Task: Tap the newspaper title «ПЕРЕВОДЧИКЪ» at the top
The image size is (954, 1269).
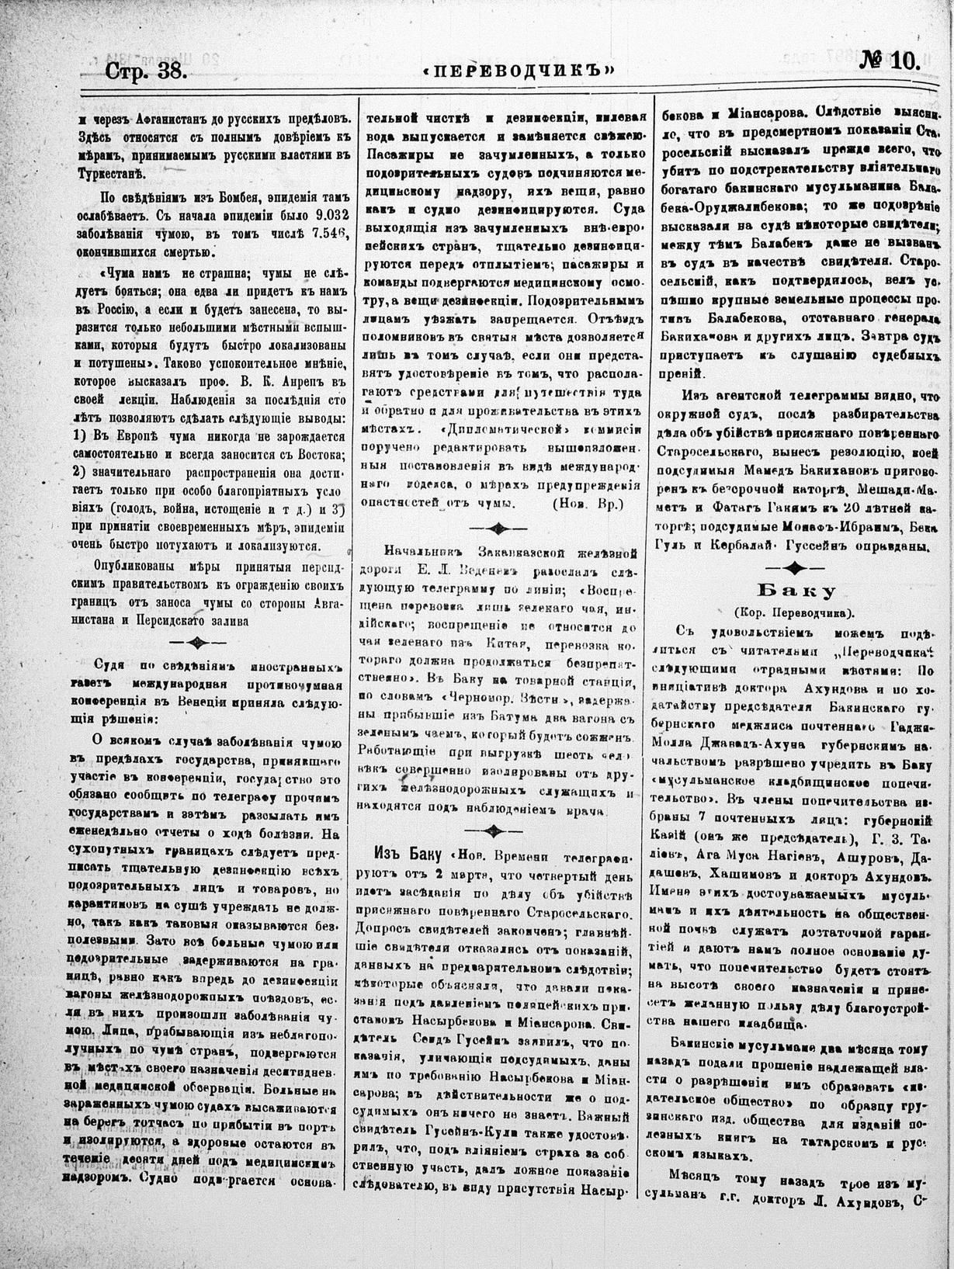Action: click(x=519, y=69)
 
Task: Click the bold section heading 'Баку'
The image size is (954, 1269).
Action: click(x=803, y=588)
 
